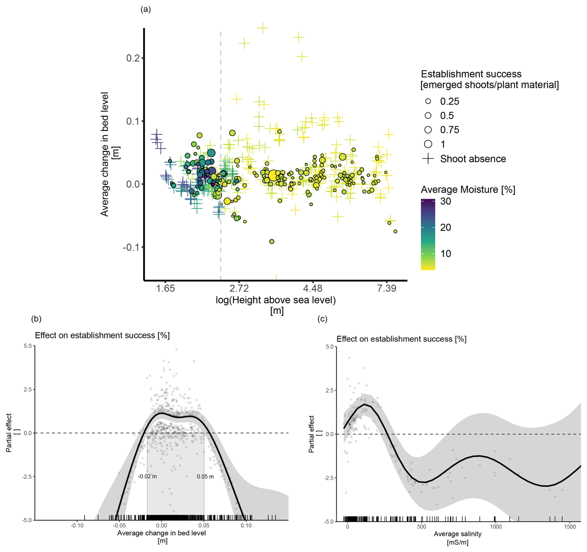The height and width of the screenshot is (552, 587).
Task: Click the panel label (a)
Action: (x=146, y=10)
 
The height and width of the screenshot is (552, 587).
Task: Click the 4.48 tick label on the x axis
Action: (x=313, y=289)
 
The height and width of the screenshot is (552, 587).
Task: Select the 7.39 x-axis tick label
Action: (x=387, y=289)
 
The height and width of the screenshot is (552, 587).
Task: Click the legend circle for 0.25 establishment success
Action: (x=428, y=101)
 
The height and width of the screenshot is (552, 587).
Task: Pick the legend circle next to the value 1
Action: (x=428, y=144)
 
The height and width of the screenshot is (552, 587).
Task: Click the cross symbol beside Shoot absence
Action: (x=428, y=159)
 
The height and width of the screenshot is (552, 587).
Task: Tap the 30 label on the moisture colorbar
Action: (x=446, y=201)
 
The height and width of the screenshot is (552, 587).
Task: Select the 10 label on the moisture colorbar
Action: (x=446, y=254)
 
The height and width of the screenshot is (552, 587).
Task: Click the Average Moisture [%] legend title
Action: (x=468, y=189)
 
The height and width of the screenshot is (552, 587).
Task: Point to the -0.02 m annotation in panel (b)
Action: (x=147, y=476)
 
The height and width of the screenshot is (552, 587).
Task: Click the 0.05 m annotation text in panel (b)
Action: (x=205, y=476)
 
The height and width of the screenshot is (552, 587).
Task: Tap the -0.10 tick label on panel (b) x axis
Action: (x=77, y=525)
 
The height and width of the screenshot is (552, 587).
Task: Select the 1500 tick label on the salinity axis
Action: (x=570, y=527)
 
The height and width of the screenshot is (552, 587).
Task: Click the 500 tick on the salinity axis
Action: (x=421, y=527)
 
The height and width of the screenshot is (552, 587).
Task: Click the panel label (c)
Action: (x=322, y=319)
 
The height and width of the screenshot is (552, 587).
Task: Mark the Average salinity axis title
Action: (x=457, y=534)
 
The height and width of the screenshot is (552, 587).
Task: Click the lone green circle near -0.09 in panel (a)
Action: (x=272, y=241)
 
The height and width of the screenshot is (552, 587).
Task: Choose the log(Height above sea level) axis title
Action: (x=276, y=300)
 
